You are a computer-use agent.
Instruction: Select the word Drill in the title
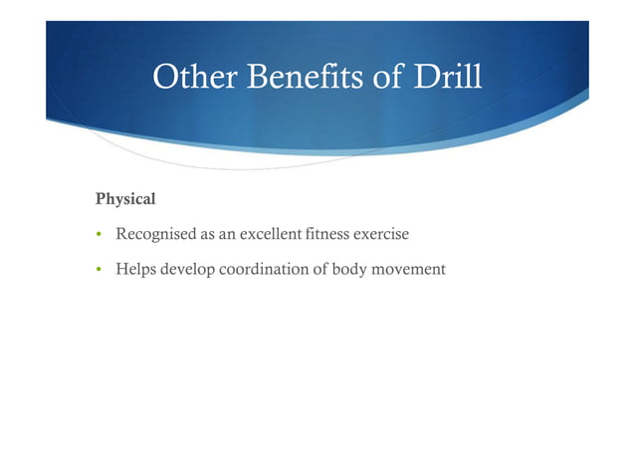tap(446, 77)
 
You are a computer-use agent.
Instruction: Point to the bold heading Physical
tap(125, 199)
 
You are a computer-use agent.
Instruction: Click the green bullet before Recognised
tap(100, 235)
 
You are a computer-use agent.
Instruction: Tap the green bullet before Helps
tap(100, 269)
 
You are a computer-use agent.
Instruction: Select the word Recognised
tap(153, 235)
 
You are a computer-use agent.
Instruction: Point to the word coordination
tap(265, 269)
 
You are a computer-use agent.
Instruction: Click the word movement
tap(411, 269)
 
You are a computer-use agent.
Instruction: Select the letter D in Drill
tap(421, 77)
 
